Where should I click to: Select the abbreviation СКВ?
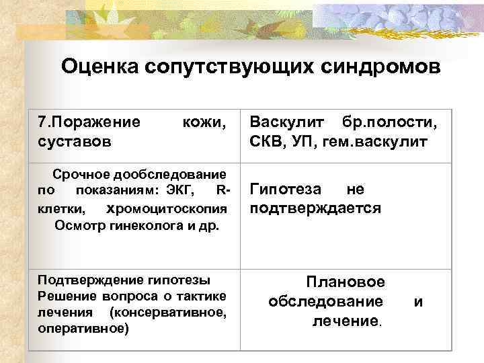(x=267, y=142)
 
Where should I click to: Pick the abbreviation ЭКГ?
(x=179, y=191)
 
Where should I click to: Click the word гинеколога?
(x=132, y=224)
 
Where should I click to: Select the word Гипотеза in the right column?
(x=286, y=190)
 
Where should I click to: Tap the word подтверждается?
(x=315, y=208)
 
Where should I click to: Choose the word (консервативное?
(x=167, y=313)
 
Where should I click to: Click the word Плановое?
(x=346, y=282)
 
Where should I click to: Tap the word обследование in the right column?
(x=326, y=301)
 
